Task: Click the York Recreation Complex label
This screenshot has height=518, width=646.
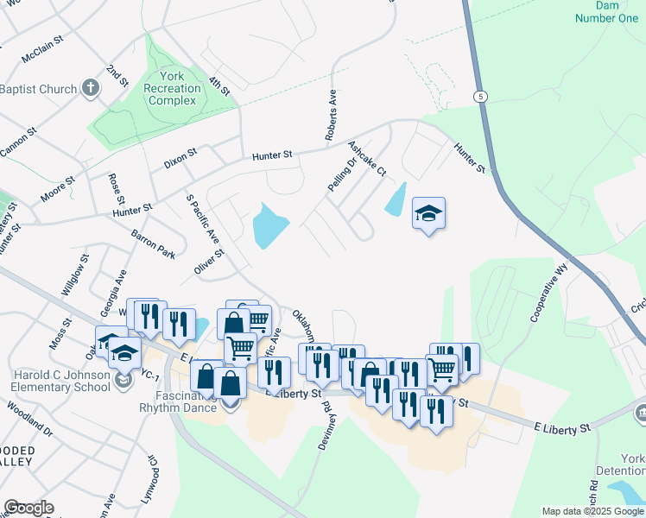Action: coord(172,88)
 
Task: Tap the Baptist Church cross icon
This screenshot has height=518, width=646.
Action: coord(91,88)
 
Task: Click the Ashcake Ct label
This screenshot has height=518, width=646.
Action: coord(367,160)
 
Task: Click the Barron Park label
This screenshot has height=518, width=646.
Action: coord(153,243)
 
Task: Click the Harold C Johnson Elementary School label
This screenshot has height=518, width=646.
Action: coord(61,381)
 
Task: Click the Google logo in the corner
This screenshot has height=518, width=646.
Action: coord(28,508)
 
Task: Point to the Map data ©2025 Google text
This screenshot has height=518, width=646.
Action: coord(592,511)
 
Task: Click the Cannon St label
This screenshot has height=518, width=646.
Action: coord(19,143)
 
